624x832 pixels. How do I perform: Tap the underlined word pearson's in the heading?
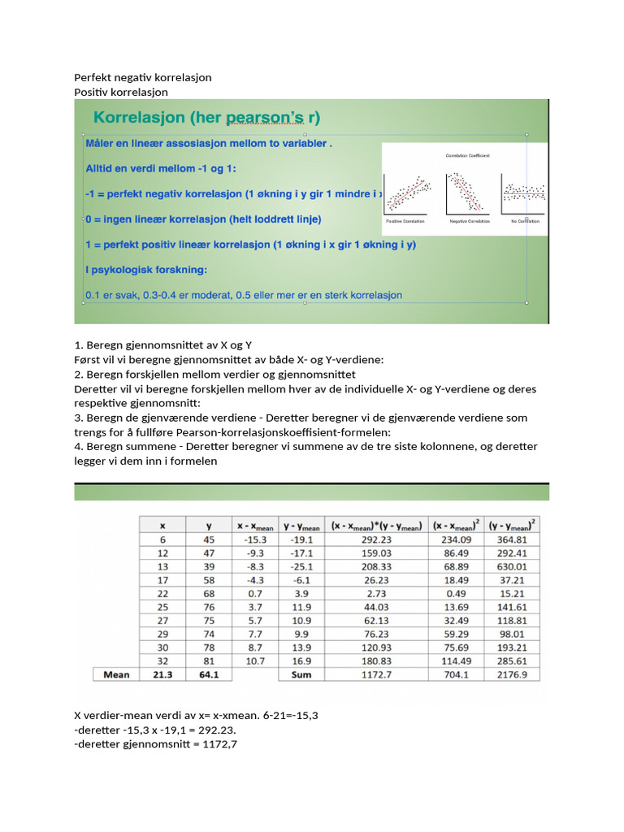tap(267, 118)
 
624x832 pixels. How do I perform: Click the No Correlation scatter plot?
tap(523, 194)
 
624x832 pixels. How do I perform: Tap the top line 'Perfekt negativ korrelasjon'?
tap(143, 77)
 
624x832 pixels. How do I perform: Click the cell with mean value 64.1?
tap(210, 674)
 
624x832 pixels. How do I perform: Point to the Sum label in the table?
tap(301, 674)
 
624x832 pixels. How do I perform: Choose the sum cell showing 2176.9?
tap(513, 674)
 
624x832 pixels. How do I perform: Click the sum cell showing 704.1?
tap(455, 674)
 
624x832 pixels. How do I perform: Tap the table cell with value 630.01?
tap(513, 566)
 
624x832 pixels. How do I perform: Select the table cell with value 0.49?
tap(455, 594)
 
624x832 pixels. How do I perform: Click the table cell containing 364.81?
tap(513, 539)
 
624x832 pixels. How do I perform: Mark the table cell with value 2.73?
tap(375, 594)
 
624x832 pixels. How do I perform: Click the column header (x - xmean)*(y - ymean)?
tap(375, 526)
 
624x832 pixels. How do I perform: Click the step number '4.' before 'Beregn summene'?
tap(79, 447)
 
